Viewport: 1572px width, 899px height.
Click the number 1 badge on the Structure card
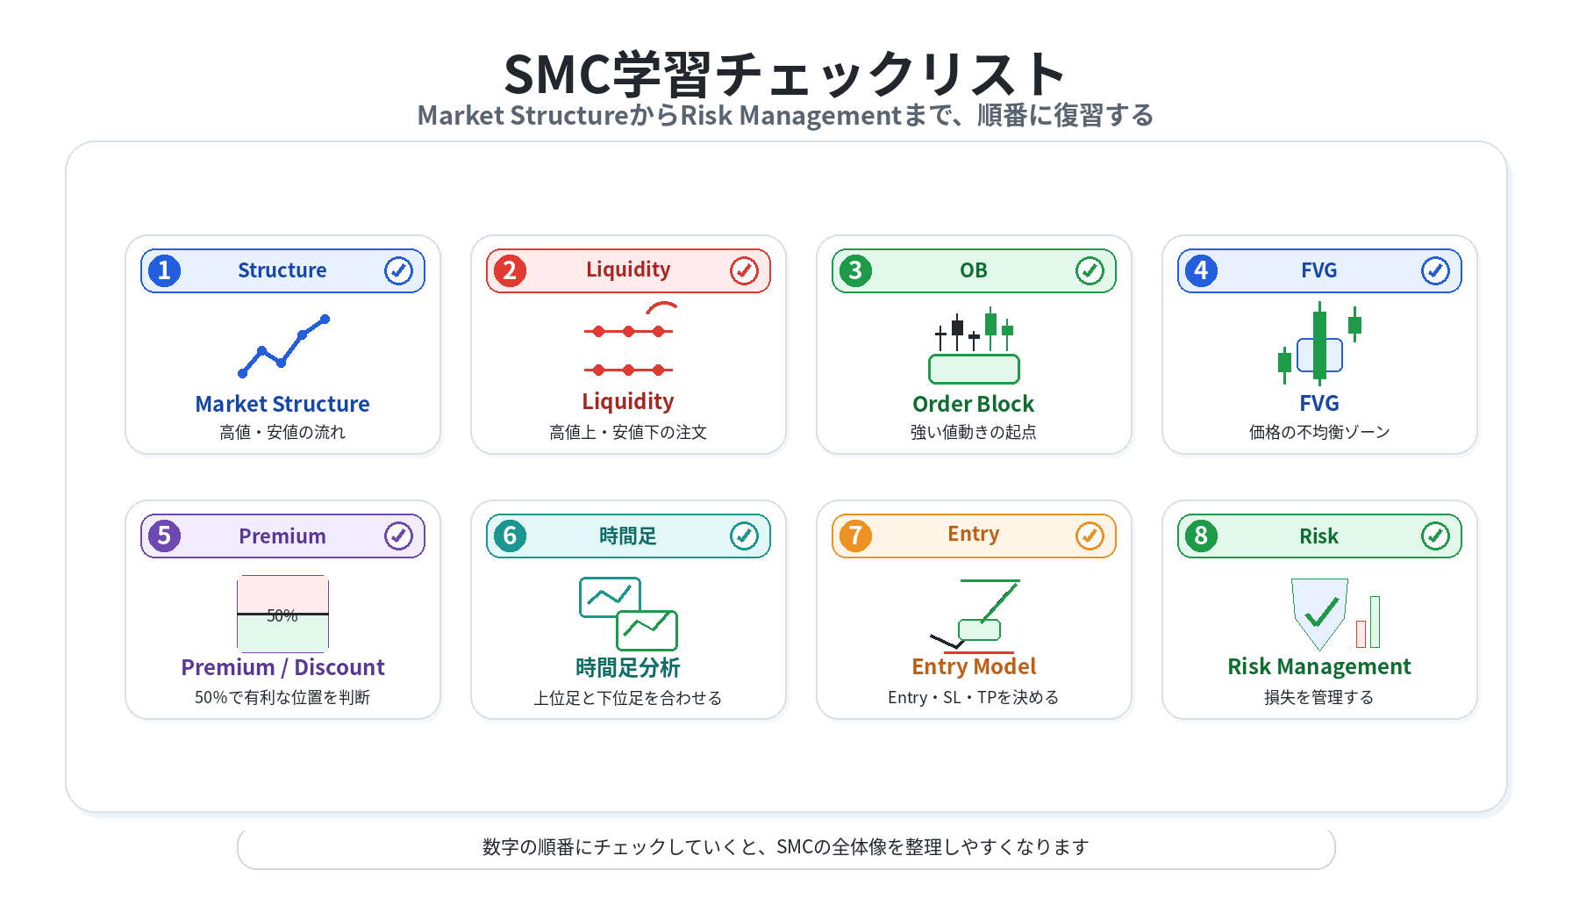click(164, 270)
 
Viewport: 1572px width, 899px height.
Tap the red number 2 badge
click(510, 270)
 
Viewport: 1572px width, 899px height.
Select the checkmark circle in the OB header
click(1090, 270)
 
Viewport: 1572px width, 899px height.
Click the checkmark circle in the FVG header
click(1435, 270)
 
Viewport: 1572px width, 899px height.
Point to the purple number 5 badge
click(164, 536)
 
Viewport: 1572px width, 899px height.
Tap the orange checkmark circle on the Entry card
click(1090, 536)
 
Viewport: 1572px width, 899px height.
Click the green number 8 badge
click(1201, 536)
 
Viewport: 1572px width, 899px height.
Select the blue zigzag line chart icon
click(283, 346)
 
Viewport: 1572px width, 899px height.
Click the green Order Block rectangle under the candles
click(974, 369)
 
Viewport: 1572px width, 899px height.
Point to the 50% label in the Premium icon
click(282, 615)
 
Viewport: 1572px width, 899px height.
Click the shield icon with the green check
click(1319, 613)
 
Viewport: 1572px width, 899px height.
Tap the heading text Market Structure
click(282, 404)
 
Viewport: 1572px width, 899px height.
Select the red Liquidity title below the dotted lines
click(628, 402)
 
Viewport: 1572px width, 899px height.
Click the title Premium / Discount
click(282, 667)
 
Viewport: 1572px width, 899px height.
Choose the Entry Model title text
click(974, 666)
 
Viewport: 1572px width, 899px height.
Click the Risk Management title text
click(1319, 666)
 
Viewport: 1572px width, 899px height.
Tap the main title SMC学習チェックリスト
click(785, 74)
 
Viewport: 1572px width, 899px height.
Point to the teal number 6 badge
click(510, 536)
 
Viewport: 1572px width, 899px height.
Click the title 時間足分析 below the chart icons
click(628, 667)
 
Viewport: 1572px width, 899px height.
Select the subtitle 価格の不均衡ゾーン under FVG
click(1319, 432)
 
